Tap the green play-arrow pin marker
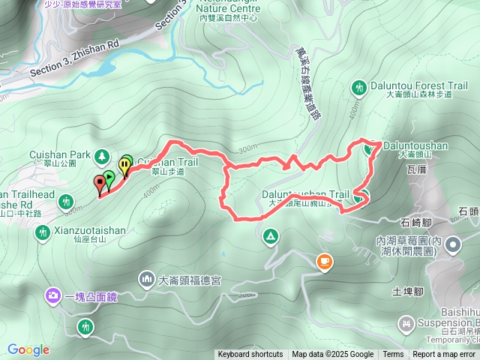point(109,178)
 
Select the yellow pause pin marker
point(124,165)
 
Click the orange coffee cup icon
point(324,261)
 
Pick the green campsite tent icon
point(270,237)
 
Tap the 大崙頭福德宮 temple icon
point(146,280)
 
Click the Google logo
point(28,349)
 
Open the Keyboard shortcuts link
point(250,355)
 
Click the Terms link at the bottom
point(393,355)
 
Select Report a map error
point(444,355)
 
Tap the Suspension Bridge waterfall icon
point(406,325)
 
